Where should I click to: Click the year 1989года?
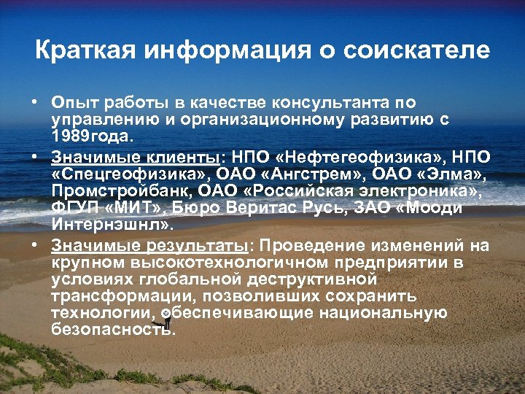(x=91, y=136)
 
